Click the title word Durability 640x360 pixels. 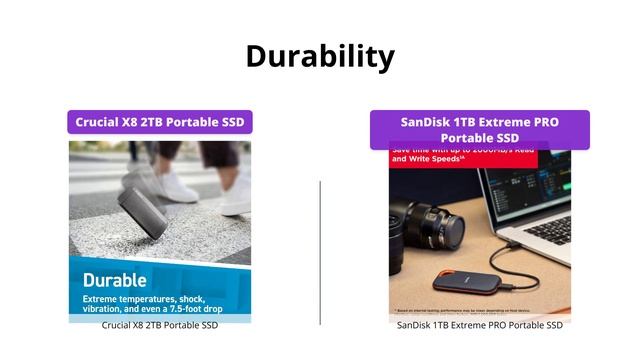pos(320,56)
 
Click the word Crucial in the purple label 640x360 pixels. pos(100,122)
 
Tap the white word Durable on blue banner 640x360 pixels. pos(114,280)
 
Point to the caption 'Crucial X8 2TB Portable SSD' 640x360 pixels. pos(160,325)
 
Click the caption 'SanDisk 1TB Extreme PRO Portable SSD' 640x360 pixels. pos(480,325)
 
